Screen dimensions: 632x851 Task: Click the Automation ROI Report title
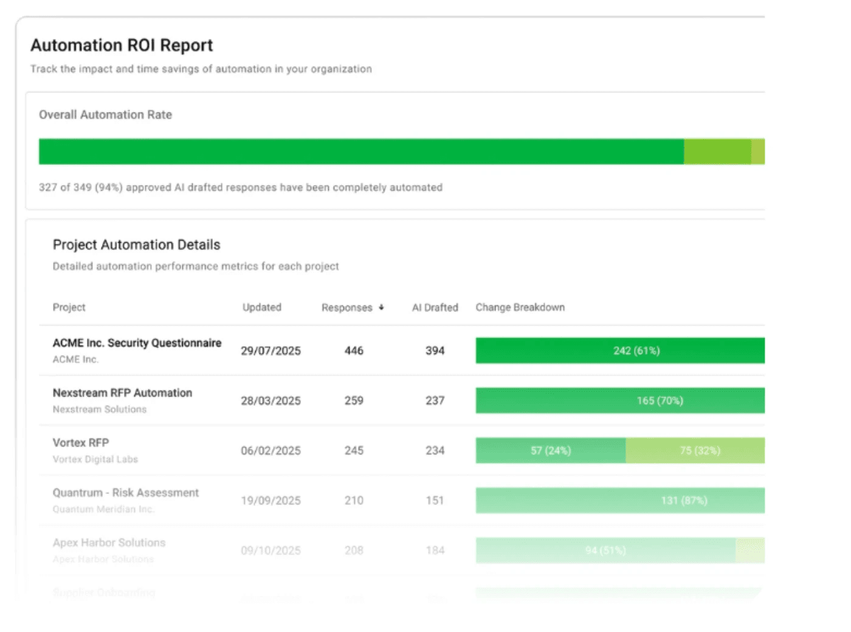(x=122, y=46)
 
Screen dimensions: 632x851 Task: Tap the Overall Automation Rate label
(x=105, y=115)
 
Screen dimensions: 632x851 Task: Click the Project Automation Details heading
(x=136, y=245)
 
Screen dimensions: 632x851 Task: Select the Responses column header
(x=346, y=308)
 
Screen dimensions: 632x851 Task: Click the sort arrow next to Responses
(x=381, y=308)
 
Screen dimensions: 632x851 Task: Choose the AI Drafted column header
(x=435, y=308)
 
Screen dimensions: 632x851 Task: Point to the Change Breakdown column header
(x=520, y=308)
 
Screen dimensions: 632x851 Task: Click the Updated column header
(x=261, y=308)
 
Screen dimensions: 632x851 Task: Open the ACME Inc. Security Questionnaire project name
(x=137, y=343)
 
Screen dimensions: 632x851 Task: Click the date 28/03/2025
(x=270, y=401)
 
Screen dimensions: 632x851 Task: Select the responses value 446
(x=354, y=351)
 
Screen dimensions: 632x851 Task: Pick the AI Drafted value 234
(x=435, y=451)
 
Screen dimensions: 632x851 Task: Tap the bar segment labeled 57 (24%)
(x=550, y=451)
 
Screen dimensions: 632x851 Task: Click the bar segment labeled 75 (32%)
(x=700, y=451)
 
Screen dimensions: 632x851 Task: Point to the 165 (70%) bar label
(x=660, y=401)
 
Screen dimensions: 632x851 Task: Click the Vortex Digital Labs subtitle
(x=95, y=459)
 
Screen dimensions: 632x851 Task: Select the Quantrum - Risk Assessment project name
(x=125, y=493)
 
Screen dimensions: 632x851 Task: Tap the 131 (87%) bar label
(x=684, y=501)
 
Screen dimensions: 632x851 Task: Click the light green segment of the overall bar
(x=717, y=151)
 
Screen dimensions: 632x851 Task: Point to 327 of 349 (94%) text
(x=80, y=187)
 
